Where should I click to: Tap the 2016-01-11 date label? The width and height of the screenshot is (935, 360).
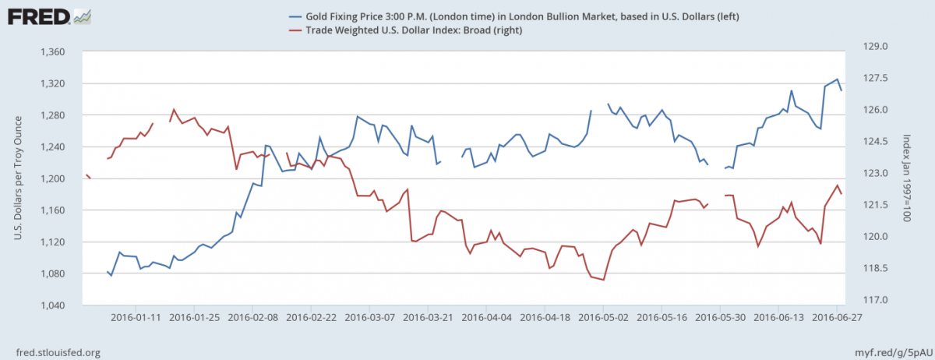click(136, 317)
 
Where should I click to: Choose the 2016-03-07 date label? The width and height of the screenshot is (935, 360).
click(369, 317)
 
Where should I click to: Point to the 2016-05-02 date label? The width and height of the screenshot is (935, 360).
click(603, 317)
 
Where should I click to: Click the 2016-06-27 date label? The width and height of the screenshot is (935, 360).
click(836, 317)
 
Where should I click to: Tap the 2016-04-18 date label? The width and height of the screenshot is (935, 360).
click(544, 317)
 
